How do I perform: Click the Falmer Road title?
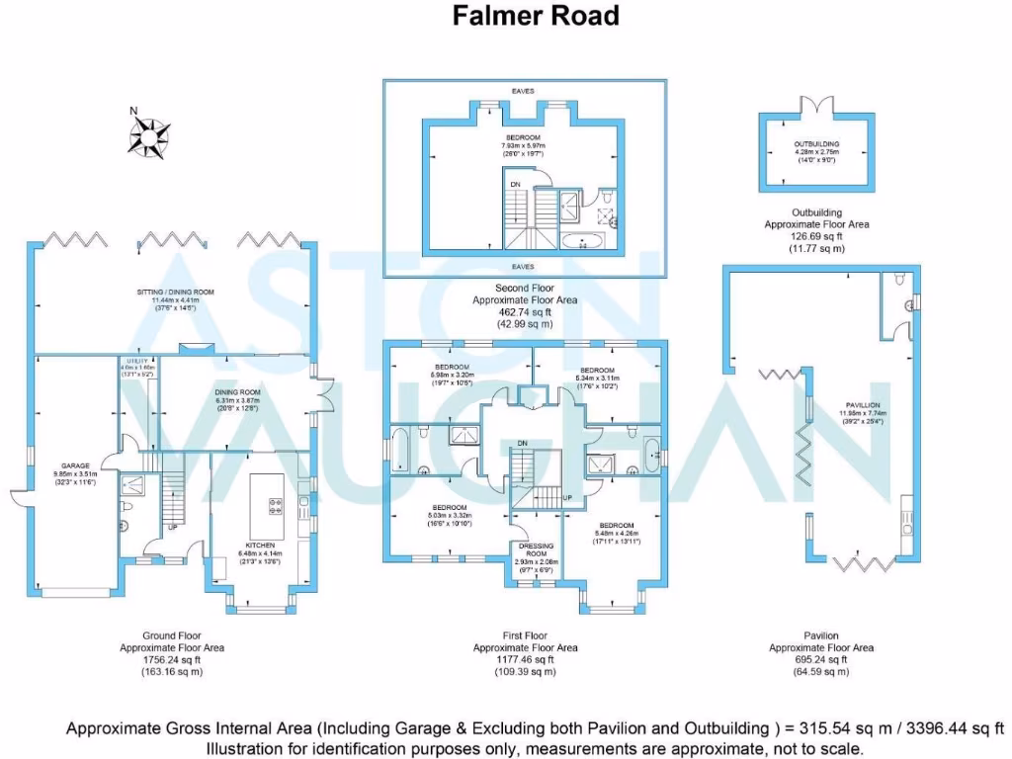pyautogui.click(x=536, y=16)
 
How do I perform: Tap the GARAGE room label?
pyautogui.click(x=76, y=464)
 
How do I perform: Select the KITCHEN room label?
pyautogui.click(x=259, y=545)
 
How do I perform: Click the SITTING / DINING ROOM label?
pyautogui.click(x=175, y=293)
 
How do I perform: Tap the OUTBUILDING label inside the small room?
pyautogui.click(x=816, y=144)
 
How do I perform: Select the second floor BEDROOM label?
pyautogui.click(x=523, y=137)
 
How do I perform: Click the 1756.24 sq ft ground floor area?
pyautogui.click(x=172, y=660)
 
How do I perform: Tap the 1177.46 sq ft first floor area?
pyautogui.click(x=525, y=660)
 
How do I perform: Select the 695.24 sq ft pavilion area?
pyautogui.click(x=821, y=660)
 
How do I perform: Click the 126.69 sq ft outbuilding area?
pyautogui.click(x=816, y=237)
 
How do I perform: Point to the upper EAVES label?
pyautogui.click(x=523, y=91)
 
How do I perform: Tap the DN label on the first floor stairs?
pyautogui.click(x=522, y=443)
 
